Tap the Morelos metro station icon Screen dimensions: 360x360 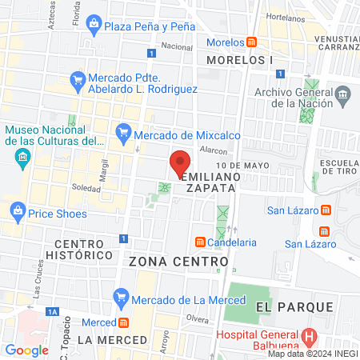(251, 42)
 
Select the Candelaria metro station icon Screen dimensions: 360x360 (198, 242)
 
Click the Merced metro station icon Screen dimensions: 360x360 (124, 323)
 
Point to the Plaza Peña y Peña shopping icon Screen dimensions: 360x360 (95, 26)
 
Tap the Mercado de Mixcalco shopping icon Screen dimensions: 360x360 (122, 131)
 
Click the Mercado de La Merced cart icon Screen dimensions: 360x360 (121, 299)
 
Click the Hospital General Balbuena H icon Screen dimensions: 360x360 (310, 336)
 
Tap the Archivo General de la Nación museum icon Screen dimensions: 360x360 (343, 97)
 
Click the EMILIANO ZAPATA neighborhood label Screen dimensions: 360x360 (210, 181)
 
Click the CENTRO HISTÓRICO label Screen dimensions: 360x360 (83, 248)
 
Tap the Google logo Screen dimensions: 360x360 (27, 350)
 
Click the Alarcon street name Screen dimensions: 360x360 (214, 150)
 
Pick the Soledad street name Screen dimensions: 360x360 (86, 189)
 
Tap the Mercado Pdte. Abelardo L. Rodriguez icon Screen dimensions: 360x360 (78, 78)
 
